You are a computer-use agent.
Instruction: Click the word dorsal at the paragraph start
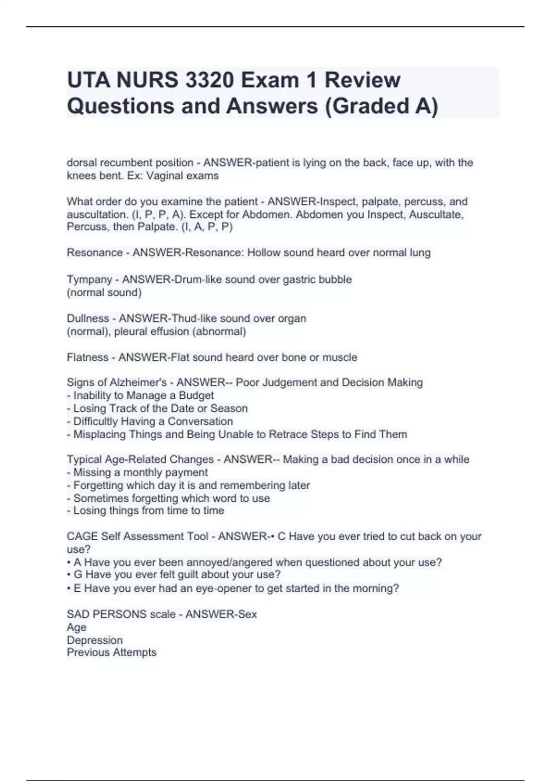coord(82,163)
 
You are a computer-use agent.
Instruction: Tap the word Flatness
coord(87,357)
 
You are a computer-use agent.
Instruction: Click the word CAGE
coord(82,537)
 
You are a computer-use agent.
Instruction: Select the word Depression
coord(95,640)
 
